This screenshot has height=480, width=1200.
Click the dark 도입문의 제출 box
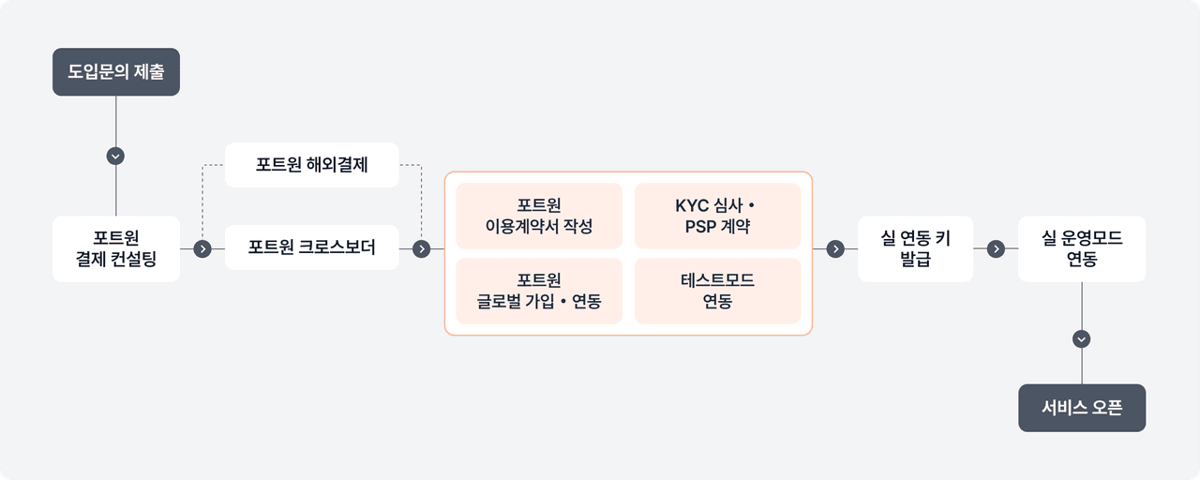(115, 72)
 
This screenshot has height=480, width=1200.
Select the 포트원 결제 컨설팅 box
(115, 249)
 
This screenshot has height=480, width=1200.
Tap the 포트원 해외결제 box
(311, 165)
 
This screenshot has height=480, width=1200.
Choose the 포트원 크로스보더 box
(311, 247)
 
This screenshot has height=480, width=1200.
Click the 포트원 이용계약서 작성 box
(539, 216)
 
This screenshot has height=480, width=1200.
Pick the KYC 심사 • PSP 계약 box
(717, 216)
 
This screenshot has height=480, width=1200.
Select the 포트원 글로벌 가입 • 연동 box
(539, 291)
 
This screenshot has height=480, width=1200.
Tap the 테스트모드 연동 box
(717, 291)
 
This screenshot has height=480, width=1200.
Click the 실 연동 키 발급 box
(915, 249)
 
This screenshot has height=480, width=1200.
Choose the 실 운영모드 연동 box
(1082, 249)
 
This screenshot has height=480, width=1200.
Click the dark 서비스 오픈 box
(1082, 408)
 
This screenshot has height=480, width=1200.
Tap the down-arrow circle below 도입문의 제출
(115, 156)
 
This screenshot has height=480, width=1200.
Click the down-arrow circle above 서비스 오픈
(1082, 338)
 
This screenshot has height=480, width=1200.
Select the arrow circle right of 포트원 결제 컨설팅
(202, 249)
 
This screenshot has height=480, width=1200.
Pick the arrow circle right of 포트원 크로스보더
(422, 249)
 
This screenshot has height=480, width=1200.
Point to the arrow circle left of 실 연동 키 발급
(835, 249)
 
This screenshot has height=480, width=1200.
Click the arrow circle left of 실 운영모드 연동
(996, 249)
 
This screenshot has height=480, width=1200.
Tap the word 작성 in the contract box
(577, 227)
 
